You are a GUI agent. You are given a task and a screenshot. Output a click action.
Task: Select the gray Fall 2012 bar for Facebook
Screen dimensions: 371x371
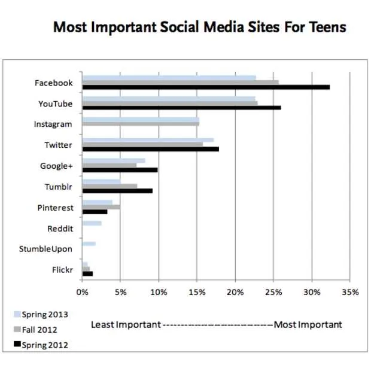(180, 83)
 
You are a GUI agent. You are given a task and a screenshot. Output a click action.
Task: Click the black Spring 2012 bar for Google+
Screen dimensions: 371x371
(120, 170)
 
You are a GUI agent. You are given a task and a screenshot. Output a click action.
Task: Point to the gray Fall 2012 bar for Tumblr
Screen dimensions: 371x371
(110, 186)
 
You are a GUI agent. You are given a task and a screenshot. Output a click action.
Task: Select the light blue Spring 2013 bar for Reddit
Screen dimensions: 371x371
(92, 223)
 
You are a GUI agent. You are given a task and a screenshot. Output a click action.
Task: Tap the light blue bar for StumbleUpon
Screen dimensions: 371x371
(89, 244)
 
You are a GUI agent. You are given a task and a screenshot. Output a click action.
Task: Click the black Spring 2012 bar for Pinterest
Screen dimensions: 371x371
(95, 212)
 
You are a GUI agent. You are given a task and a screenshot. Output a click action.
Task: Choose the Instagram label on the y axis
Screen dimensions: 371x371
(53, 124)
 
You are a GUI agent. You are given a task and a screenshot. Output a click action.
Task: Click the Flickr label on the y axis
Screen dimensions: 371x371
(62, 270)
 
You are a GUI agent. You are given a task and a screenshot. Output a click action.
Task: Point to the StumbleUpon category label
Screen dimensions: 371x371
(45, 249)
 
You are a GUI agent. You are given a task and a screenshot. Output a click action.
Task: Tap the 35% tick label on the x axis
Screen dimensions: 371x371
(351, 293)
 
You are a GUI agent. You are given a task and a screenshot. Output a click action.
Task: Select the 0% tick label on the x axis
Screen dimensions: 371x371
(82, 293)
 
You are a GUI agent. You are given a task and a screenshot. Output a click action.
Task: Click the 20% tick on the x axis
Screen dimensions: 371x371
(235, 293)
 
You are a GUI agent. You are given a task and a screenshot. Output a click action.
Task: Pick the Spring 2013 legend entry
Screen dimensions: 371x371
(44, 314)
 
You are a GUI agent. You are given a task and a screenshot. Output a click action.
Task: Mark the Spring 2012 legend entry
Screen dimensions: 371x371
(44, 345)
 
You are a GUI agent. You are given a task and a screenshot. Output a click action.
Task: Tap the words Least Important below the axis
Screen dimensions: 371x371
(126, 324)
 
